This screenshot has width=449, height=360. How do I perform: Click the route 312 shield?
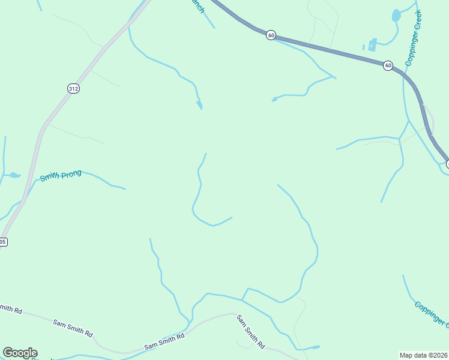73,88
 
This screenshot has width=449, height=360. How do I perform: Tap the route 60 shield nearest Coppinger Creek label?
388,65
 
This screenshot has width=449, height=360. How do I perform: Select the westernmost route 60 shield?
271,35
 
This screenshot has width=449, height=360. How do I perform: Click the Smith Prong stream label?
61,176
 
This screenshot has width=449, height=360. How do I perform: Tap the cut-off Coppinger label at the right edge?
431,314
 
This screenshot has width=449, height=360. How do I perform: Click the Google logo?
20,353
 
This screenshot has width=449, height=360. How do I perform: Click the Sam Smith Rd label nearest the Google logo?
73,327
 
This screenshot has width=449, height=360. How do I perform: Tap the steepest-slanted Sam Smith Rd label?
250,332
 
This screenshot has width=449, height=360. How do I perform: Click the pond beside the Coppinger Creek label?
396,16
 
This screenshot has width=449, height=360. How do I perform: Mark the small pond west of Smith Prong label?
14,175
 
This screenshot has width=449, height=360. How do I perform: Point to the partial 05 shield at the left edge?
3,242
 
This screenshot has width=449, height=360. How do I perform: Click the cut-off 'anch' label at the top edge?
198,6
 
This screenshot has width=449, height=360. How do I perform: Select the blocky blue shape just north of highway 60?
372,44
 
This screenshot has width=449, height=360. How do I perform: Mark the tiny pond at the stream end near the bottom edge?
316,346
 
